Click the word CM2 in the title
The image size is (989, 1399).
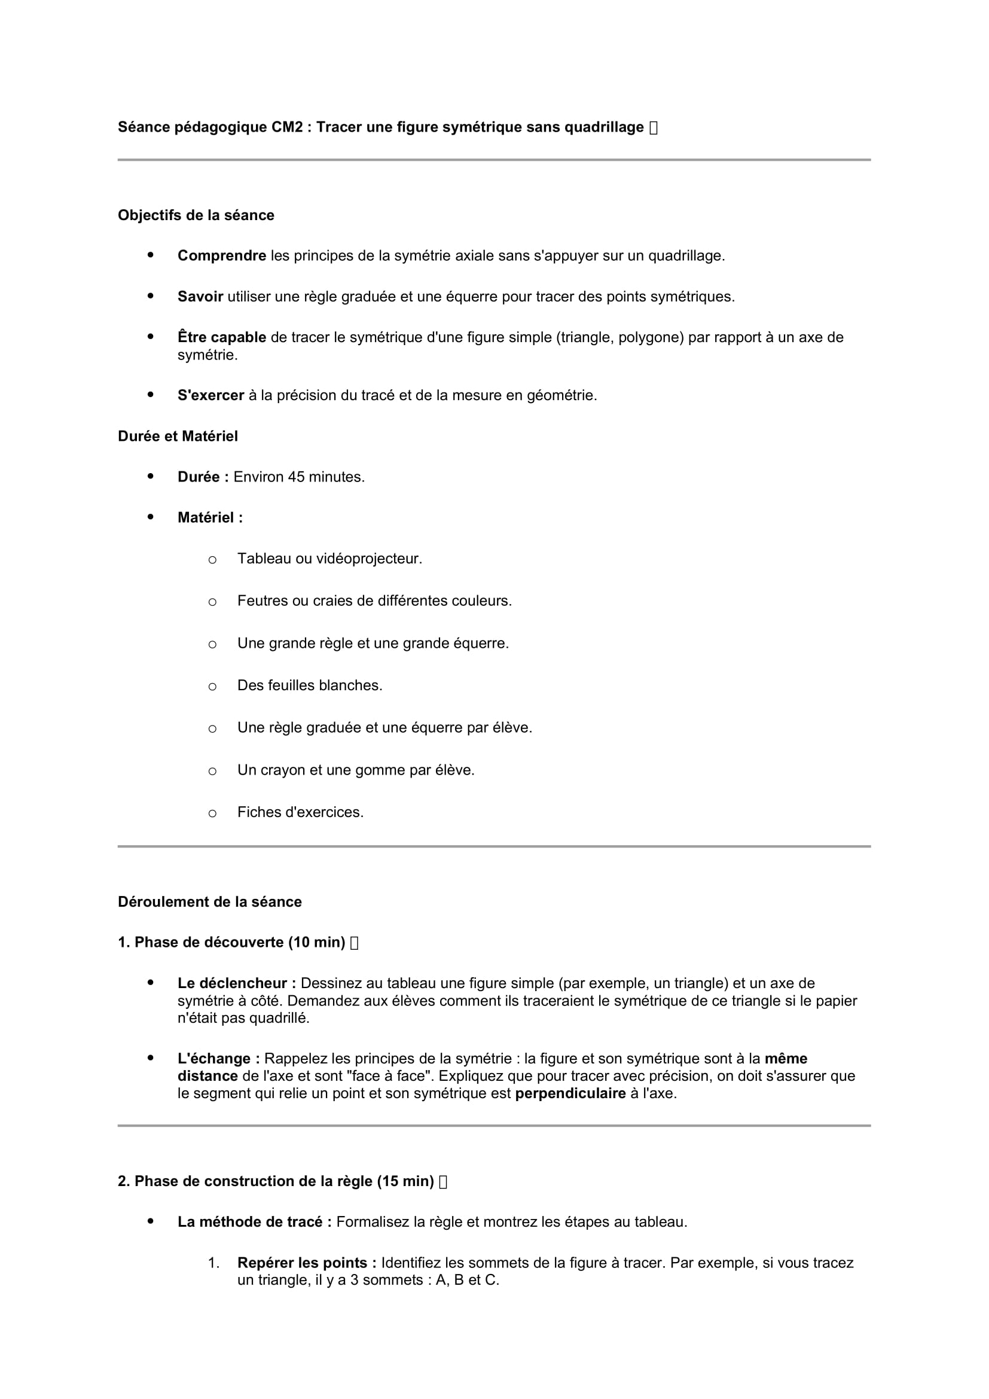pos(287,127)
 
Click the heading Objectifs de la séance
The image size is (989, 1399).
pos(196,215)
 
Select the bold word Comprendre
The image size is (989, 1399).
pos(222,256)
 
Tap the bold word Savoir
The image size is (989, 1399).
pos(200,297)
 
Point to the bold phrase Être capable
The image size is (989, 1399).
pos(222,337)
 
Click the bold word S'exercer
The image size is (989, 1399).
pos(210,395)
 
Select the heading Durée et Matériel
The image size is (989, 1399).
pos(178,436)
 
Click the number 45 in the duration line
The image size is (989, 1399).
pos(297,477)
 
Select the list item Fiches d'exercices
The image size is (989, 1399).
pos(300,812)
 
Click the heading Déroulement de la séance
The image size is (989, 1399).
pos(209,902)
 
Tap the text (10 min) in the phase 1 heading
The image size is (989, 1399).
pos(317,943)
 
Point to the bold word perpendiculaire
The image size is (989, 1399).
pos(570,1094)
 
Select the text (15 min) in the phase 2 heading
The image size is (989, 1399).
pos(405,1181)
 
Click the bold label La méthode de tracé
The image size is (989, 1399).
pos(255,1223)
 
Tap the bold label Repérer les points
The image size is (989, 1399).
pos(307,1263)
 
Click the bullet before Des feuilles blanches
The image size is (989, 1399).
pos(212,687)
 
